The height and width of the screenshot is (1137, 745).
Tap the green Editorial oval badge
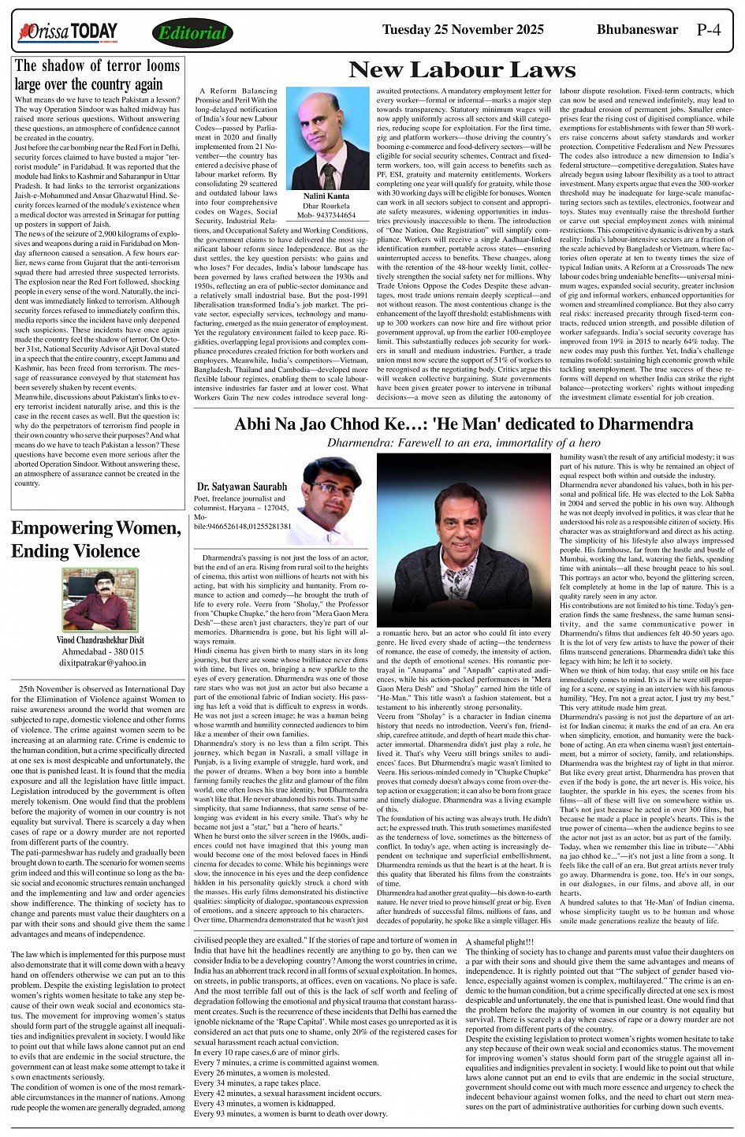click(x=192, y=33)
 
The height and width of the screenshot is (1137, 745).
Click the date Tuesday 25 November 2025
click(x=462, y=30)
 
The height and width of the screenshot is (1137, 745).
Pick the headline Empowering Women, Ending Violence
click(x=96, y=539)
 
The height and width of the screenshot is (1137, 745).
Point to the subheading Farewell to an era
click(x=464, y=443)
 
